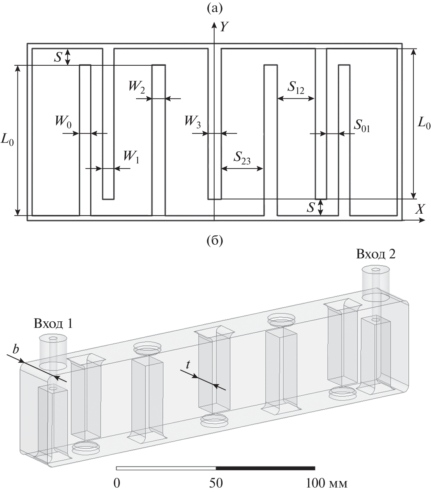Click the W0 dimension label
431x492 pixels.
(64, 121)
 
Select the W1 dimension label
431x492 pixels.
(131, 157)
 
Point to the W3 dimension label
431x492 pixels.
(193, 121)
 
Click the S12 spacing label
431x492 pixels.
(296, 87)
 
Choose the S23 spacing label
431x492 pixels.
(242, 158)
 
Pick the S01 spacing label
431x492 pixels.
(362, 128)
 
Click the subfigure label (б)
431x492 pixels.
(215, 240)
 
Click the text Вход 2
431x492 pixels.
(376, 254)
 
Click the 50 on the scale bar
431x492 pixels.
(216, 483)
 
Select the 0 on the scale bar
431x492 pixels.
(117, 483)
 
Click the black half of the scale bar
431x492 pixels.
(265, 468)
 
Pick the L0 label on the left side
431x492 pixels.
(8, 141)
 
